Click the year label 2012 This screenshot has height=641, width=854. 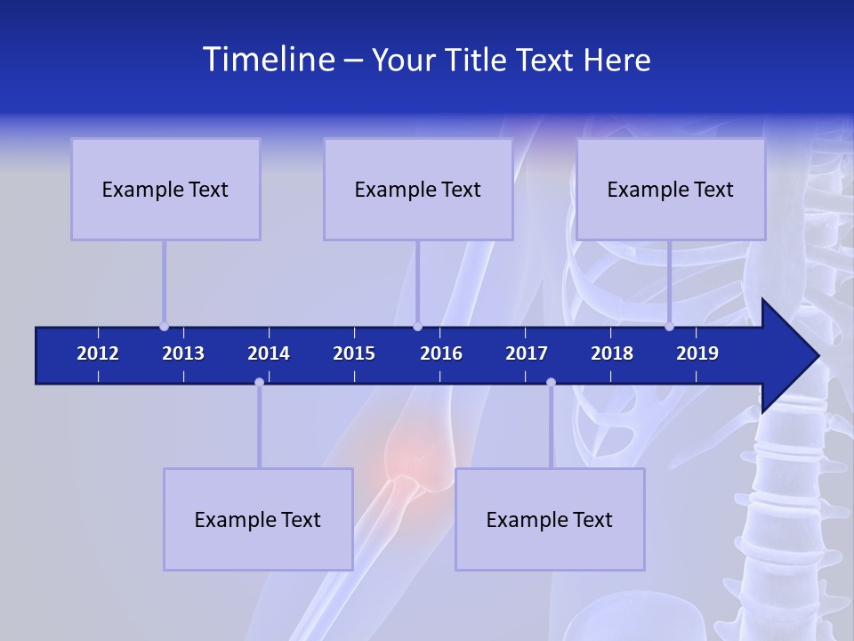pyautogui.click(x=98, y=353)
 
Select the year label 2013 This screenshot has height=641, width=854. pyautogui.click(x=183, y=353)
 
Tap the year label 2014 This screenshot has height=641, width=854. pyautogui.click(x=269, y=353)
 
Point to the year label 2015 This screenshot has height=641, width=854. pyautogui.click(x=354, y=353)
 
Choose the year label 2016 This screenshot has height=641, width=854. pyautogui.click(x=441, y=353)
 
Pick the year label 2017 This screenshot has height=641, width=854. pyautogui.click(x=527, y=353)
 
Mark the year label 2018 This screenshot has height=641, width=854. pyautogui.click(x=612, y=353)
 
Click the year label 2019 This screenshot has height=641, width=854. pyautogui.click(x=697, y=353)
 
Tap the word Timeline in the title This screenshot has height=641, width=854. pyautogui.click(x=268, y=60)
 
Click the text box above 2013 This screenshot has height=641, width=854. pyautogui.click(x=165, y=189)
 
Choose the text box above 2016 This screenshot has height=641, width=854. pyautogui.click(x=418, y=189)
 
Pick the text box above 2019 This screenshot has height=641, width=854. pyautogui.click(x=671, y=189)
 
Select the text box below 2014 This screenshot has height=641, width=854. pyautogui.click(x=258, y=519)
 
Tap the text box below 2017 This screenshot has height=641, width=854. pyautogui.click(x=550, y=519)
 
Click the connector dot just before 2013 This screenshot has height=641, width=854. pyautogui.click(x=164, y=326)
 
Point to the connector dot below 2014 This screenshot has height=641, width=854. pyautogui.click(x=259, y=383)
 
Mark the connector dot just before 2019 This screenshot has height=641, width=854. pyautogui.click(x=669, y=326)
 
